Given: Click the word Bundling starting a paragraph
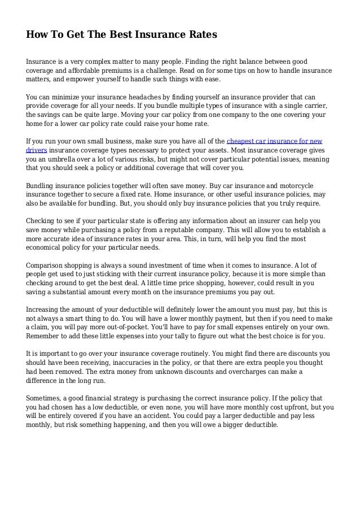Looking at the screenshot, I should pyautogui.click(x=42, y=185).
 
